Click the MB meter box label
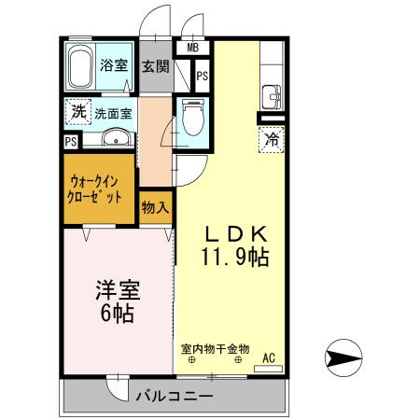[x=192, y=49]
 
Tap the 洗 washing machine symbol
[x=79, y=111]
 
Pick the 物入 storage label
[x=155, y=207]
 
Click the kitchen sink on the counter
[x=272, y=94]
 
